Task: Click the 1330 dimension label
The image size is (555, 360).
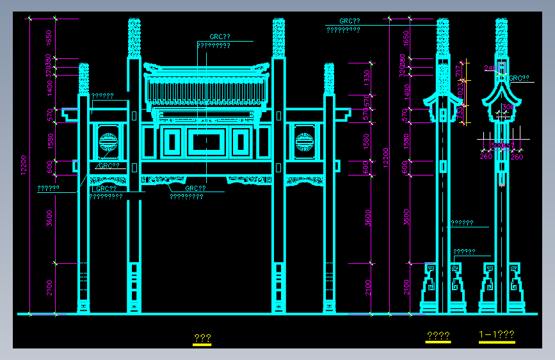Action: coord(367,77)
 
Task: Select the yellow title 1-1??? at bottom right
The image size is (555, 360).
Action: coord(497,334)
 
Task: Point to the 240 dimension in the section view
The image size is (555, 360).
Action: coord(490,67)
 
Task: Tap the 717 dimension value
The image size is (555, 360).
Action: coord(458,71)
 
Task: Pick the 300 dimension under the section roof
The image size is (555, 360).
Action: coord(508,107)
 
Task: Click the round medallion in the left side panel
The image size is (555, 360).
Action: coord(108,140)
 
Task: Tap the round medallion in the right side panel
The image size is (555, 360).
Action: coord(305,140)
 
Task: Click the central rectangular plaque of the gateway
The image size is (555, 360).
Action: coord(207,142)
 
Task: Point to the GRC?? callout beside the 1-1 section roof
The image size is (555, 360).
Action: coord(519,78)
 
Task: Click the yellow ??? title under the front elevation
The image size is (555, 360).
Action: coord(202,338)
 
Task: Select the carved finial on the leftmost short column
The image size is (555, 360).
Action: coord(83,78)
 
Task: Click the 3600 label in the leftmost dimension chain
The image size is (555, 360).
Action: coord(49,218)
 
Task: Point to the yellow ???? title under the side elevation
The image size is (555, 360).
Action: coord(438,336)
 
